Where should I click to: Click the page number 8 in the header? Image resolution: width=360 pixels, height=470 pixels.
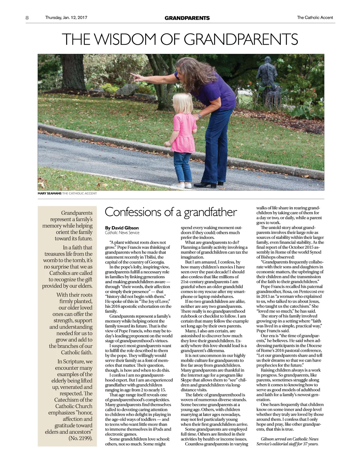pyautogui.click(x=27, y=18)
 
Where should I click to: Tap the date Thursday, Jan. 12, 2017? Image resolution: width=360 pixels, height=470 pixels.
pyautogui.click(x=66, y=18)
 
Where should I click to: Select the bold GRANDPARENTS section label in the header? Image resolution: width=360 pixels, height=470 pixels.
pyautogui.click(x=187, y=18)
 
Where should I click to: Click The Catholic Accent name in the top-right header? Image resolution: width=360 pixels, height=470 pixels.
pyautogui.click(x=315, y=18)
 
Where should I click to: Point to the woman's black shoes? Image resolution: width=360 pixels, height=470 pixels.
pyautogui.click(x=207, y=184)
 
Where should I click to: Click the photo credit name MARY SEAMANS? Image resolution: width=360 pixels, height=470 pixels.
pyautogui.click(x=50, y=193)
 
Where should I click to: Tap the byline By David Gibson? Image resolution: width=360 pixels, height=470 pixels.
pyautogui.click(x=122, y=228)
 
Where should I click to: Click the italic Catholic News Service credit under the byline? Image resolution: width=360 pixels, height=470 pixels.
pyautogui.click(x=122, y=233)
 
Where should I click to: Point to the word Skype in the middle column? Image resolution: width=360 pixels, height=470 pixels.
pyautogui.click(x=186, y=380)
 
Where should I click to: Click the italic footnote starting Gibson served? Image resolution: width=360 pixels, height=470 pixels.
pyautogui.click(x=287, y=441)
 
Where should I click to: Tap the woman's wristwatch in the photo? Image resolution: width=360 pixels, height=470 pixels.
pyautogui.click(x=199, y=115)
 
